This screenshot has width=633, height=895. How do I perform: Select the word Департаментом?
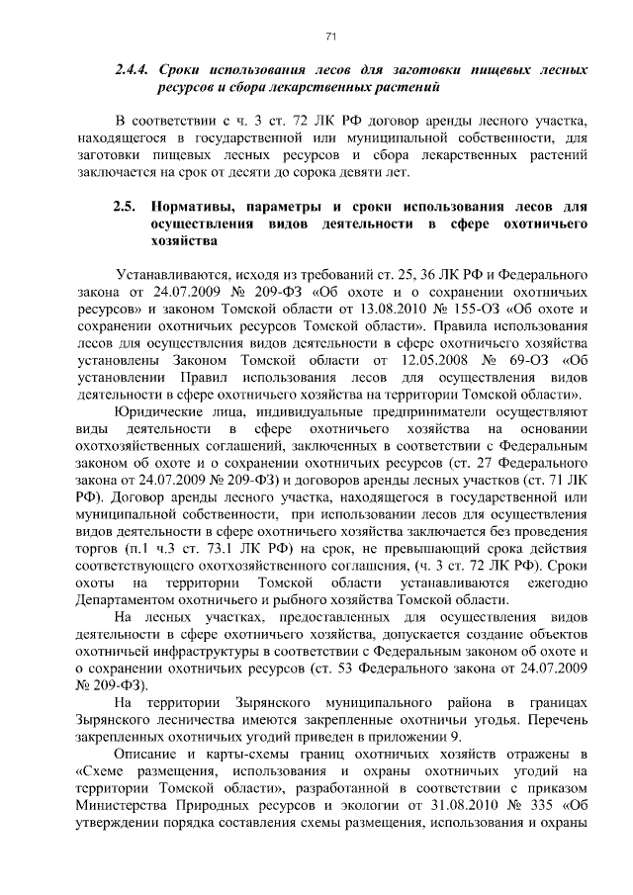pos(134,598)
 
